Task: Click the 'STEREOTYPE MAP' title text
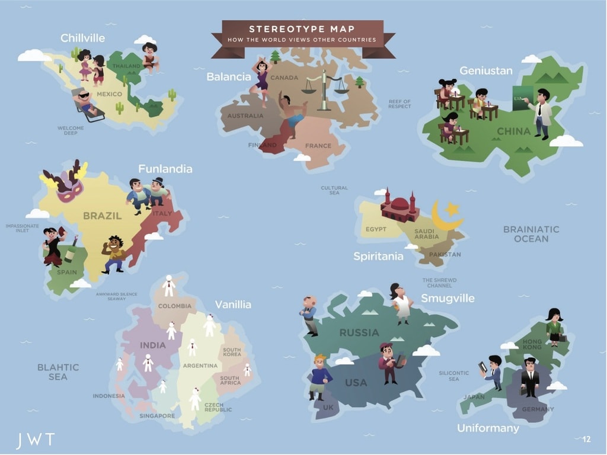tap(302, 29)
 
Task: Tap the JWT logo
tap(35, 440)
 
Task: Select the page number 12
tap(586, 439)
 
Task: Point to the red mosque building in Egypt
tap(400, 207)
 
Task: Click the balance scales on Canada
tap(324, 89)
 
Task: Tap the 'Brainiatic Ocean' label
tap(531, 234)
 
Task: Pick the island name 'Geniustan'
tap(485, 71)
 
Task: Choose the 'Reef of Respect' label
tap(400, 104)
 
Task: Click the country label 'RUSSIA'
tap(359, 333)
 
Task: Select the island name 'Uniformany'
tap(488, 428)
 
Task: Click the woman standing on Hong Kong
tap(555, 326)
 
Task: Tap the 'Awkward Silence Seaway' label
tap(117, 296)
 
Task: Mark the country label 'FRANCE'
tap(318, 146)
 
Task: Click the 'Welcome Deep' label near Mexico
tap(71, 130)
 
